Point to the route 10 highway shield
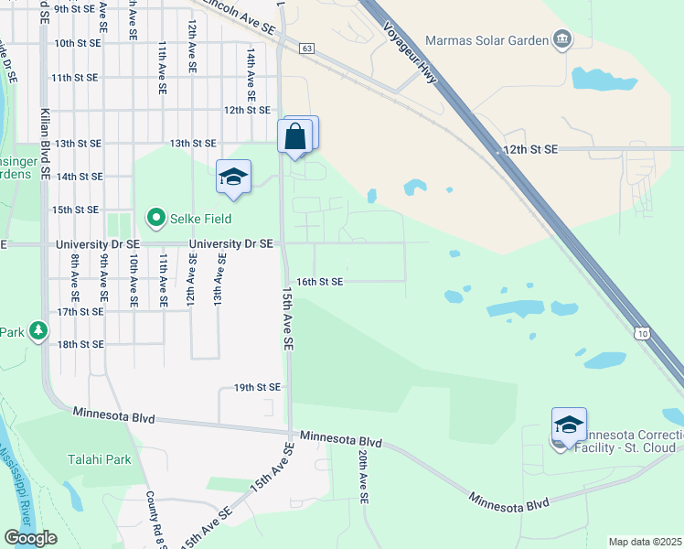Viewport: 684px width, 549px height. coord(644,335)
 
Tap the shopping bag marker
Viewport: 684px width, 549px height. coord(295,137)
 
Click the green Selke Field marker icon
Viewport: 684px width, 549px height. coord(155,218)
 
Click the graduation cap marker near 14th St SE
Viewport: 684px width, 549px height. coord(233,177)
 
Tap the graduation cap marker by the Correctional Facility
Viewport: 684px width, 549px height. coord(569,425)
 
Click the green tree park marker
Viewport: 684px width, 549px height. coord(37,329)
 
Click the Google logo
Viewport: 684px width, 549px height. coord(30,538)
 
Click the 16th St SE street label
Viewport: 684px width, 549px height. coord(319,282)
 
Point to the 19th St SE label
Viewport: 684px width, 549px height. coord(256,388)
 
